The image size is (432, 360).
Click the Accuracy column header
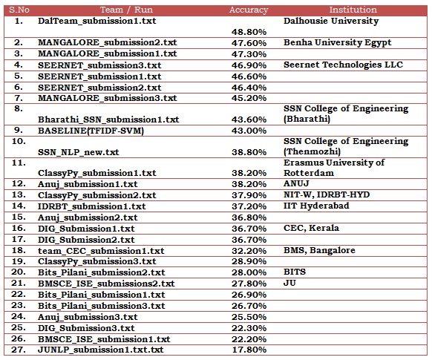point(249,10)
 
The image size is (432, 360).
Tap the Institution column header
point(353,10)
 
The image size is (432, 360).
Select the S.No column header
point(19,10)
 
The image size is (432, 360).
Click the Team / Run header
point(126,10)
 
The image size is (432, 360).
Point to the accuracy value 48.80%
point(249,32)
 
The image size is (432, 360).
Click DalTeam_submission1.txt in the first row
point(97,21)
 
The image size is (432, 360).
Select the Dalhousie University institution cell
point(331,21)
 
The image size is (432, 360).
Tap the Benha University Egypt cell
point(338,43)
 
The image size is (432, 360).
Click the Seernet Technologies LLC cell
point(343,65)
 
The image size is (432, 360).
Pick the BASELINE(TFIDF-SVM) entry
point(91,131)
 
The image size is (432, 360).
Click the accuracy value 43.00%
point(249,131)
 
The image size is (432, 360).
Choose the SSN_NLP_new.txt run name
point(79,152)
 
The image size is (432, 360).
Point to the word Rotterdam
point(309,173)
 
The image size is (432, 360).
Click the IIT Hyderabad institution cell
point(316,206)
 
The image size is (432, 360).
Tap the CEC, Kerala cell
point(311,228)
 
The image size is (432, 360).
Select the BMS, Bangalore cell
point(319,250)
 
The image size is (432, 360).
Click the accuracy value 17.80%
point(249,350)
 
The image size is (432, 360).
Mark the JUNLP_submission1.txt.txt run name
point(101,350)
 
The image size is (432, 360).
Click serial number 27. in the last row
point(19,350)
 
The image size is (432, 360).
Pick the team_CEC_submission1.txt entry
point(101,251)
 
